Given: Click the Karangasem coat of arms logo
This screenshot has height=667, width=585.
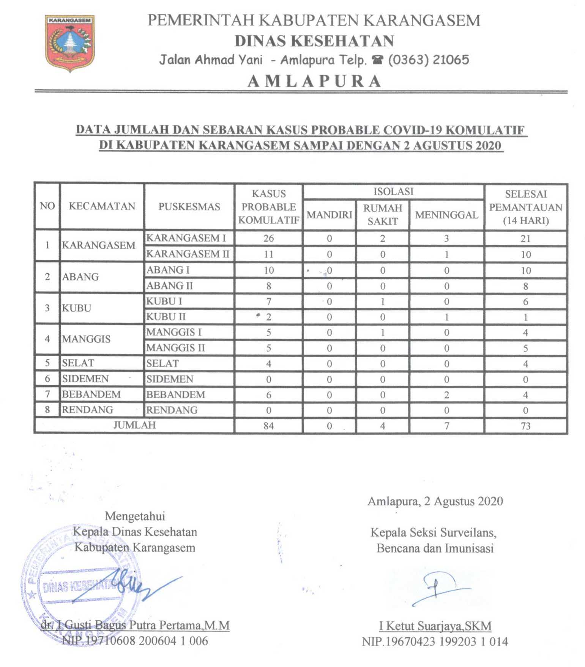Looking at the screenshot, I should coord(70,43).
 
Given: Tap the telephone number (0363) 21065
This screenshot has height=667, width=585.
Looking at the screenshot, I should coord(428,60).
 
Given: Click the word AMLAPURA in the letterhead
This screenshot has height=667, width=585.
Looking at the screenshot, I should coord(314,81).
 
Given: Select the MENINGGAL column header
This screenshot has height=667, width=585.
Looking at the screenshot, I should coord(446,215).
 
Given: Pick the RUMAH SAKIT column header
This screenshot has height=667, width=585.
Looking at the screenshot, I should coord(382,215).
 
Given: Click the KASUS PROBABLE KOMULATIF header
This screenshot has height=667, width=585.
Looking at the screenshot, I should coord(268,207).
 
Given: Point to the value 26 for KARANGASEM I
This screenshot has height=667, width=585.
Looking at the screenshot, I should coord(268,238).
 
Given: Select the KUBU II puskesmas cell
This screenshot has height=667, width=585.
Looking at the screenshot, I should coord(166,317).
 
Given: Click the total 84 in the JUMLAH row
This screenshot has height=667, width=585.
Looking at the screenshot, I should coord(268,426).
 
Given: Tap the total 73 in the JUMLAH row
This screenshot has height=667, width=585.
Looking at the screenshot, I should coord(525,426).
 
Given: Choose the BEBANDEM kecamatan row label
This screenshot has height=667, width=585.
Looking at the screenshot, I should coord(91,394).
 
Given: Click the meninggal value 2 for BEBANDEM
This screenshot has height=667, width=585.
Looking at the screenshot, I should coord(446,395).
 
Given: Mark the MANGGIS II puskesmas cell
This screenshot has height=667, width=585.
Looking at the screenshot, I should coord(175,348).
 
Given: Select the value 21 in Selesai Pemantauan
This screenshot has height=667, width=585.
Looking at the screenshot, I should coord(525,239).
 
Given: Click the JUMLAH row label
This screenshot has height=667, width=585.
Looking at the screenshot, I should coord(134,425).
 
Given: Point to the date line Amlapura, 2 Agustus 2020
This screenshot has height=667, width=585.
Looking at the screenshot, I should coord(435,501).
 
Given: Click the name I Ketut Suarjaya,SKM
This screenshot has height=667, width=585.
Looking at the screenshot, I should coord(435,626).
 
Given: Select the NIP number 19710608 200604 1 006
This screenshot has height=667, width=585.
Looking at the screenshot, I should coord(135,641).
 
